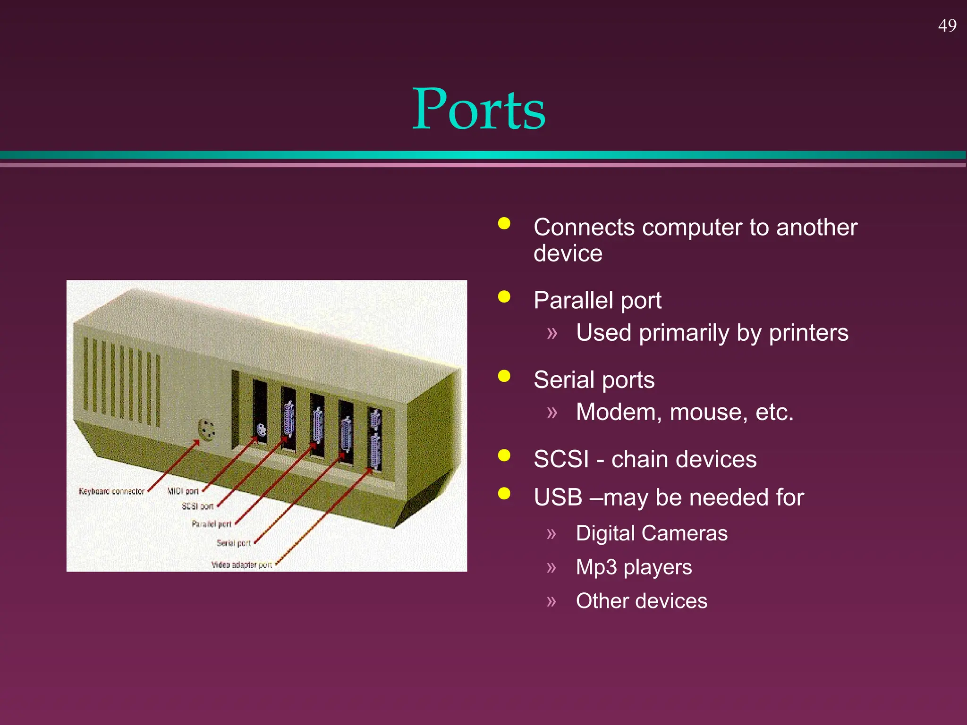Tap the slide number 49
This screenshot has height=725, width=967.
pos(947,25)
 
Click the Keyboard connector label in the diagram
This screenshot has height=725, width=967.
pos(111,491)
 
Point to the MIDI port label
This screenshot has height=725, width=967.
pos(183,491)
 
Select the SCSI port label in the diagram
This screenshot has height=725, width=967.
pos(198,506)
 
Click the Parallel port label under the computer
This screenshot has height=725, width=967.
pos(212,524)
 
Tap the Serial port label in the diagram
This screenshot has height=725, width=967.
pos(233,543)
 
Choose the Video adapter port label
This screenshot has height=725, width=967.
pos(241,565)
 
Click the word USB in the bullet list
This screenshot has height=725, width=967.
pos(558,497)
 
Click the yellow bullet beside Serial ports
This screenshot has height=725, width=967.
pos(504,376)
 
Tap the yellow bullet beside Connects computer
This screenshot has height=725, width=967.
pos(504,223)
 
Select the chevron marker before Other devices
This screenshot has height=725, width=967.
pos(551,601)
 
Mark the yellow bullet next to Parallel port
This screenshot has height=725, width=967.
pos(504,297)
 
